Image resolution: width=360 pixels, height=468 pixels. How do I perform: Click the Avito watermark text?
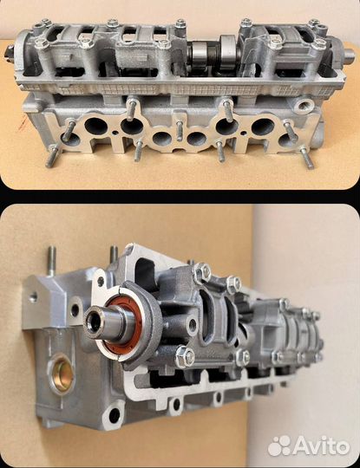pyautogui.click(x=321, y=446)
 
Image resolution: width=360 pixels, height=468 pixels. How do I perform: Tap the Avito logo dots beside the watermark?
pyautogui.click(x=279, y=445)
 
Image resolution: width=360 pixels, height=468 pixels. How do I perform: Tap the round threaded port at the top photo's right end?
pyautogui.click(x=304, y=106)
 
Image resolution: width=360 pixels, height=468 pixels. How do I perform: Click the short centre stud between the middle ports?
pyautogui.click(x=179, y=131)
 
